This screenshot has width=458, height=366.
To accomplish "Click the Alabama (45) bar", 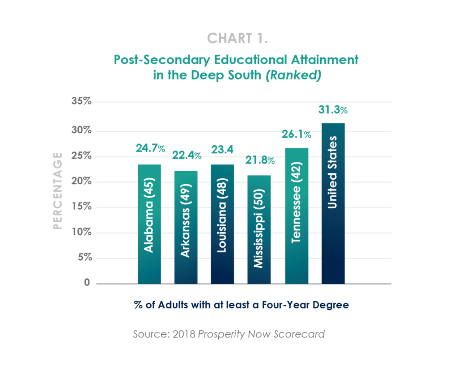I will pos(149,223).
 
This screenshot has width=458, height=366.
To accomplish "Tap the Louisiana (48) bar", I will pos(222,223).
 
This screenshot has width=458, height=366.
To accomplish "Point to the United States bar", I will pos(333,203).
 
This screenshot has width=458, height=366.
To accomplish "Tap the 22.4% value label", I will pos(186,155).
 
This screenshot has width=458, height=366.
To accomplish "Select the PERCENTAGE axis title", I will pos(57,191).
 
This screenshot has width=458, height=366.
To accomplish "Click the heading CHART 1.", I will pos(237,39).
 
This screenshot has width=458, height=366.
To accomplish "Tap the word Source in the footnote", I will pos(147,334).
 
